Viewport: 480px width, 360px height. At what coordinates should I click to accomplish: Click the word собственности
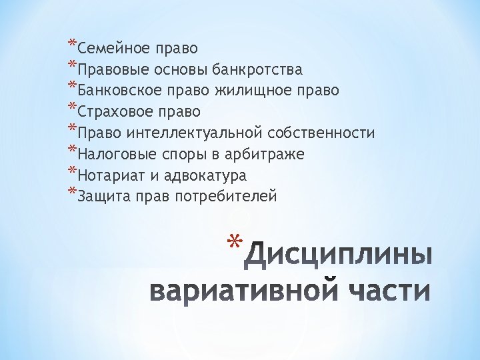click(323, 133)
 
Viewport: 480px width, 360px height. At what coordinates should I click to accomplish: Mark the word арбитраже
click(265, 155)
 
